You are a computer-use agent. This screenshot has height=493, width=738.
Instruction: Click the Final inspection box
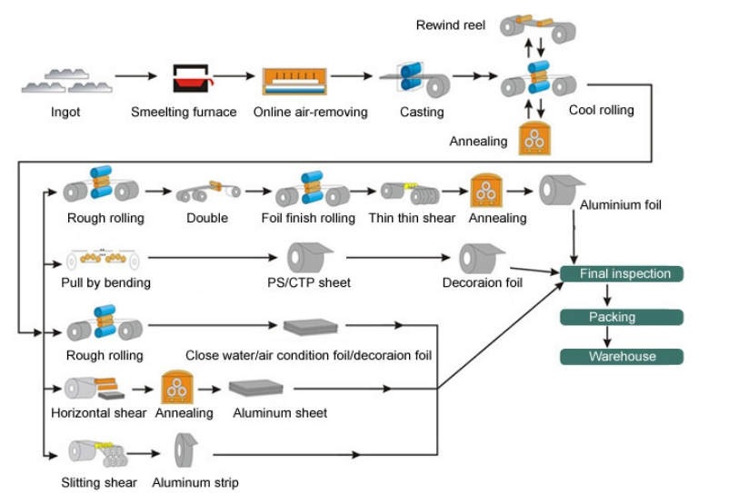click(621, 274)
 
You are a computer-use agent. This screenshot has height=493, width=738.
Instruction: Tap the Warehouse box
click(621, 357)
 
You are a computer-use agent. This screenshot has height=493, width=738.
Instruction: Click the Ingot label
click(65, 113)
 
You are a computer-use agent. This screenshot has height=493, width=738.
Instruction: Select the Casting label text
click(422, 113)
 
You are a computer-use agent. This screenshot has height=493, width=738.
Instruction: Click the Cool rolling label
click(601, 111)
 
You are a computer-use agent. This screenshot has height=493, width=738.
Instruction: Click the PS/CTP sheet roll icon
click(311, 258)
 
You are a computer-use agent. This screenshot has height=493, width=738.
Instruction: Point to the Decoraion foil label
click(483, 282)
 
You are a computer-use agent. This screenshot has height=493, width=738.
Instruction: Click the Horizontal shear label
click(98, 413)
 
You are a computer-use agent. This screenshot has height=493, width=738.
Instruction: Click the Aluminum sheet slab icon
click(261, 388)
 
